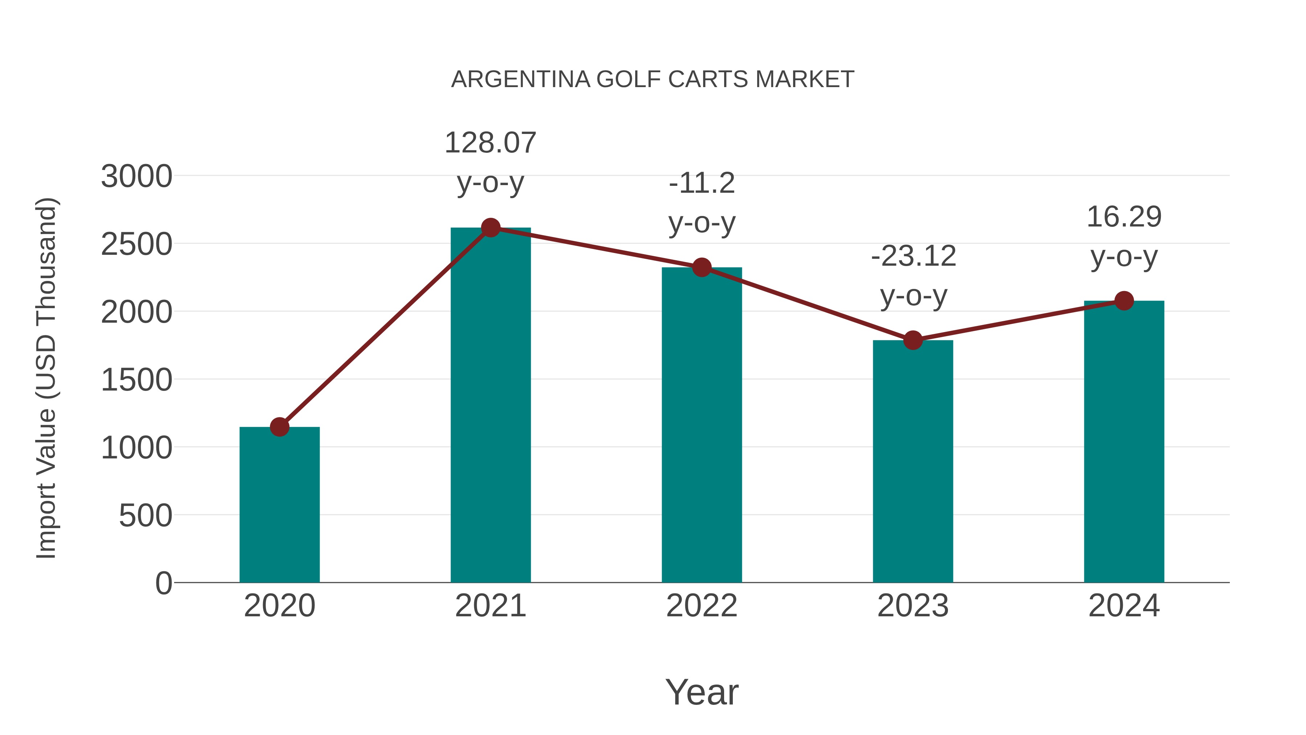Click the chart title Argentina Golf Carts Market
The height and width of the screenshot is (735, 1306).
[653, 79]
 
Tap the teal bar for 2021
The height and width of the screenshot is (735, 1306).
[490, 406]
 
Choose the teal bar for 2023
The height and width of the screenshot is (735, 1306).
[913, 462]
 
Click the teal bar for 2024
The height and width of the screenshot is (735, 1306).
[1124, 441]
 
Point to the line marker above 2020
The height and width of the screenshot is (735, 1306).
[279, 427]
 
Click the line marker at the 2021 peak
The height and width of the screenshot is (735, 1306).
[490, 228]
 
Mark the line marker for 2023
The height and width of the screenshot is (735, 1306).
[913, 340]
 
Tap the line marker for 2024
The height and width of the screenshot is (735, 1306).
[1124, 301]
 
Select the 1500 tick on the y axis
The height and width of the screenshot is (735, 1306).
[136, 380]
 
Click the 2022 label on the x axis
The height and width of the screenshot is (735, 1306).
[702, 606]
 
